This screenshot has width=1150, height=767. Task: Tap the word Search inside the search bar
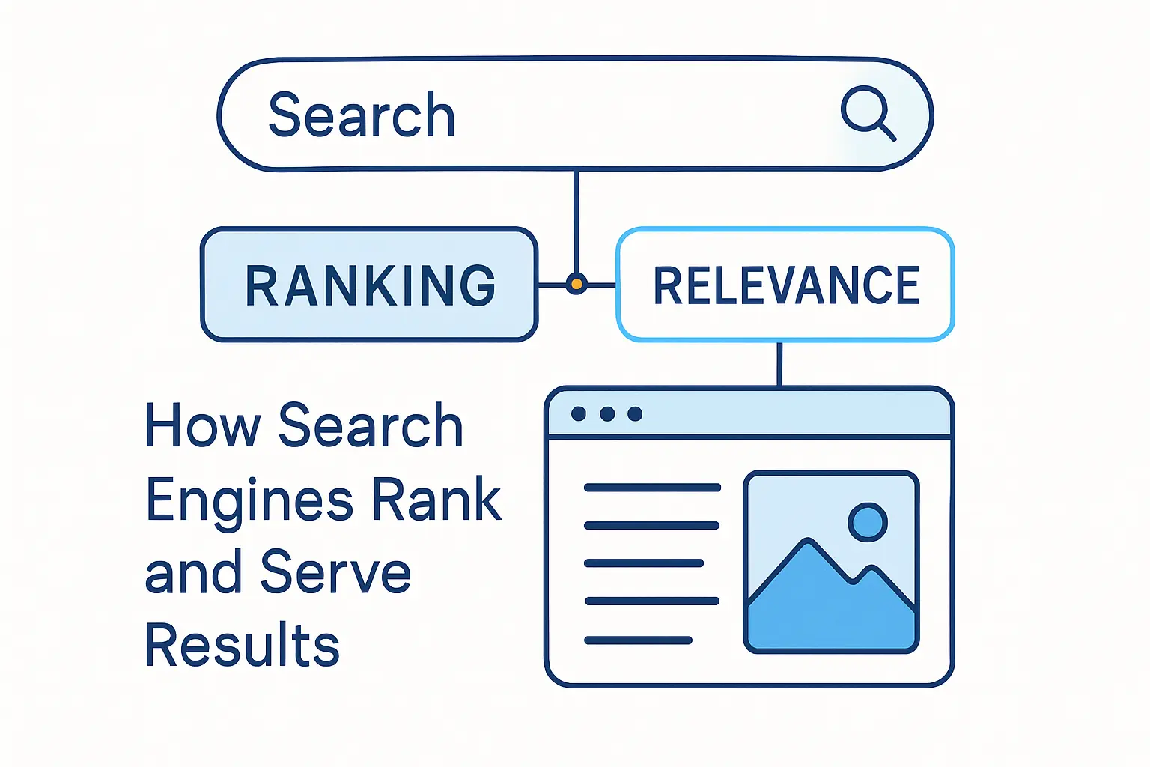362,115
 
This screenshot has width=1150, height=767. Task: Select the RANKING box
369,285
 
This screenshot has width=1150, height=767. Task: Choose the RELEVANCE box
785,285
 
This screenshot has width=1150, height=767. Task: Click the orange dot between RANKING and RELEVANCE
576,284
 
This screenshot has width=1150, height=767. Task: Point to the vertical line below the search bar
576,217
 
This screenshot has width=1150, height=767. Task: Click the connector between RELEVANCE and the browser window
779,364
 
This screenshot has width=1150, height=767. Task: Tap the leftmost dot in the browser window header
578,414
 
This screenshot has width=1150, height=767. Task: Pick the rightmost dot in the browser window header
635,414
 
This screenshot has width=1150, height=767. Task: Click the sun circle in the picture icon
867,522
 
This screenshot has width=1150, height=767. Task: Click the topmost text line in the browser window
652,488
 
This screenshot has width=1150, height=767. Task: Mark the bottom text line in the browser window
638,640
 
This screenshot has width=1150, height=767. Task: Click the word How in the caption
202,425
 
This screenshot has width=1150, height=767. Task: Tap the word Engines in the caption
249,500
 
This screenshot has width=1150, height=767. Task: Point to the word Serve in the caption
335,572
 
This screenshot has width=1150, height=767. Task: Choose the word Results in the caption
242,644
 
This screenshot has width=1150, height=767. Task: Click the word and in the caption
194,572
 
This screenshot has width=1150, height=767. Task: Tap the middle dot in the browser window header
607,414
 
